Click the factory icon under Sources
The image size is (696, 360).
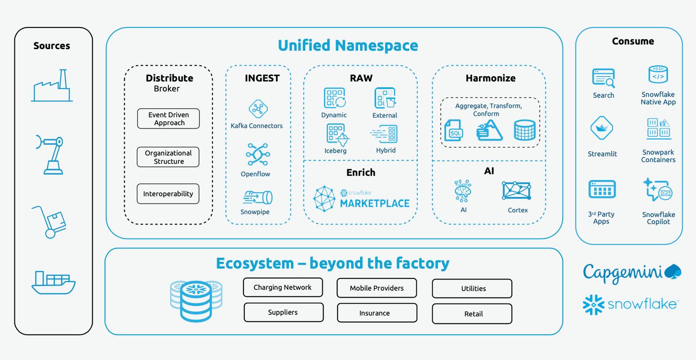[52, 86]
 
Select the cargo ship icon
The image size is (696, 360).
[53, 282]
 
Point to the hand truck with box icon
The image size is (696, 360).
[50, 221]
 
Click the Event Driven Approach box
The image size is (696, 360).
[168, 119]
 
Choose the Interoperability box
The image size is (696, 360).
[168, 194]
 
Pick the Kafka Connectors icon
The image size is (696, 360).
[258, 109]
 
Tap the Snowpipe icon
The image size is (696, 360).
[258, 198]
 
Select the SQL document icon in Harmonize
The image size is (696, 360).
[453, 130]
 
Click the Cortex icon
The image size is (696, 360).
[516, 191]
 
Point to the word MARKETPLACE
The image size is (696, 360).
[375, 203]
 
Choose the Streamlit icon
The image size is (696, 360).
[602, 128]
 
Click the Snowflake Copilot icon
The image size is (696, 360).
[658, 189]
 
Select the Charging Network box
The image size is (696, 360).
[283, 288]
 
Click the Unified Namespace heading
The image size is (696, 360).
[348, 45]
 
